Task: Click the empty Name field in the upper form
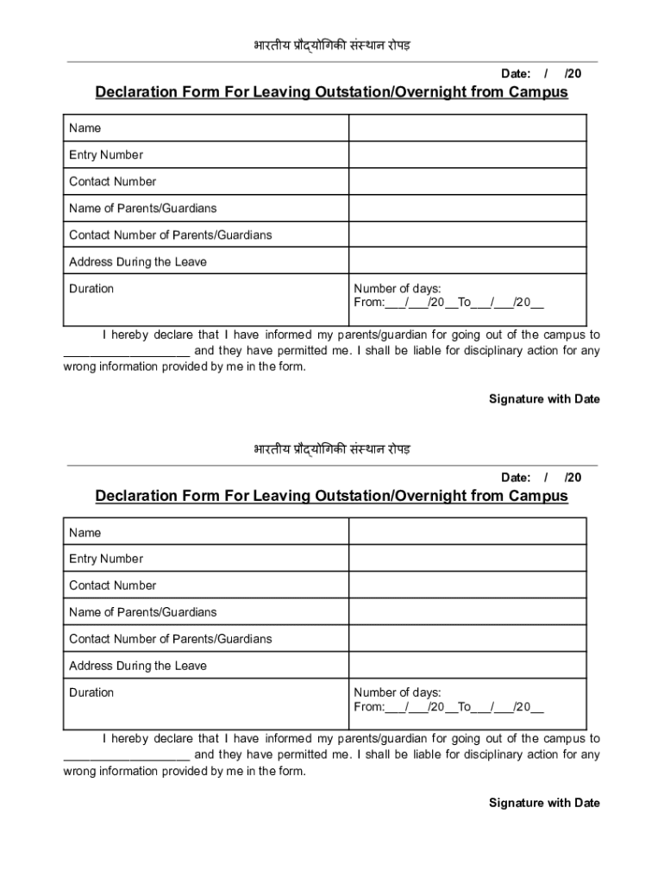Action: [x=467, y=128]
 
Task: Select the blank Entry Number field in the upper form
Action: [x=467, y=155]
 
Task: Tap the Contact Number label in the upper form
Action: [x=112, y=182]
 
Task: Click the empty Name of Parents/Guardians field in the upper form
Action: [x=467, y=209]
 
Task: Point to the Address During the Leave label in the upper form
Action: [x=138, y=262]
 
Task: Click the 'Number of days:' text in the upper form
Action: [x=398, y=289]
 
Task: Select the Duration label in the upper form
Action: [x=91, y=289]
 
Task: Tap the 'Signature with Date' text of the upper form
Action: [x=544, y=399]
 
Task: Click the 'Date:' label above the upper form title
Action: [x=516, y=73]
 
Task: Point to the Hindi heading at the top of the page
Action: [x=331, y=45]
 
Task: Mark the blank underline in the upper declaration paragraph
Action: [x=127, y=352]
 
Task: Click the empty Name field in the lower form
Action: [x=467, y=532]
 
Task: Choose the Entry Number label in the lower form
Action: [x=106, y=559]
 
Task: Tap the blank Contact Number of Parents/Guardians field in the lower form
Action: [x=467, y=639]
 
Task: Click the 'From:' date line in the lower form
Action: [x=448, y=708]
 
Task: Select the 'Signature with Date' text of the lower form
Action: [x=544, y=803]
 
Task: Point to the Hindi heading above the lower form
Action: [x=331, y=449]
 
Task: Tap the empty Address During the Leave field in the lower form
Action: [x=467, y=666]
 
